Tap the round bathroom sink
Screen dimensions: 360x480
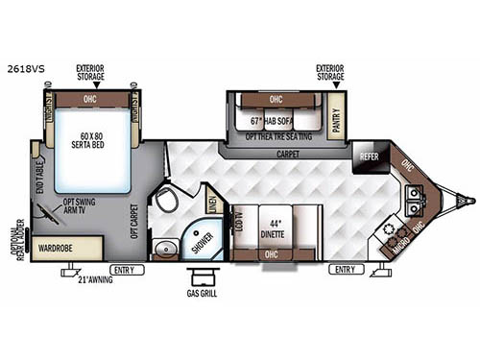(166, 249)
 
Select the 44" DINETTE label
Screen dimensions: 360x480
(277, 222)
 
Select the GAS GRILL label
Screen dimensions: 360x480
(202, 293)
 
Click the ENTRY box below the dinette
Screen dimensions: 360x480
(343, 270)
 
